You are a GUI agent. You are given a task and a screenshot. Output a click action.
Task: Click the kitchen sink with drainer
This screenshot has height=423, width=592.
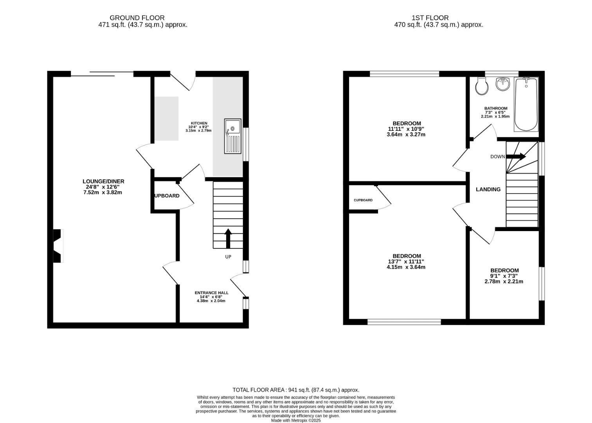233,136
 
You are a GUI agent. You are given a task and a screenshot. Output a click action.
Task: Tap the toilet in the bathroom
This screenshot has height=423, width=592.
481,86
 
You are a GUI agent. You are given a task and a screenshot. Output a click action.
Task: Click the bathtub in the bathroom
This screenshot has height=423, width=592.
526,104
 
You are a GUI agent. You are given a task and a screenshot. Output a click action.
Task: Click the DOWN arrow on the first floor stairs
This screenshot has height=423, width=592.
516,157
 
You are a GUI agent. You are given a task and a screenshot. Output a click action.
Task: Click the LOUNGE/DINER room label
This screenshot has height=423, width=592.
103,181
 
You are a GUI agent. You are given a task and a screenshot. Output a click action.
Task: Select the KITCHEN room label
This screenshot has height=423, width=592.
199,123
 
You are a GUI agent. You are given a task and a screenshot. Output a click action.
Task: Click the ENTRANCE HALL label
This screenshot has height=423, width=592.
211,293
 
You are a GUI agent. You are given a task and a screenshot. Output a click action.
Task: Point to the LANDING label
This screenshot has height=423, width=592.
488,190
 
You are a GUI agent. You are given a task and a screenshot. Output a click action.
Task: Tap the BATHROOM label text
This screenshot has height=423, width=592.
495,108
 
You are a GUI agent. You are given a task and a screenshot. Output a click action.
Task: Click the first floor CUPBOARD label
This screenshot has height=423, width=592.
363,200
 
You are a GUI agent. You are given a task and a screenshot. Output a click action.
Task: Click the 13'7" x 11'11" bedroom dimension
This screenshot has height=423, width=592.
406,262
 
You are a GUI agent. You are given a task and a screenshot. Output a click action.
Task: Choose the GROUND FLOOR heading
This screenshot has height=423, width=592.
137,18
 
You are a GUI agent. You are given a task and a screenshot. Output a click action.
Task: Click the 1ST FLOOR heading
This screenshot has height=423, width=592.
430,18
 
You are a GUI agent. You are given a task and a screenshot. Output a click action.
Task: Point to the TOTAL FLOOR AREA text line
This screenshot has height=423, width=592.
296,390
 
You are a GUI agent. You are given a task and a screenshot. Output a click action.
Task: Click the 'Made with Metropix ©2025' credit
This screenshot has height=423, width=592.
296,420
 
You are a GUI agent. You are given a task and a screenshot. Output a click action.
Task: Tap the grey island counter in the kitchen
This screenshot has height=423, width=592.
166,118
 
